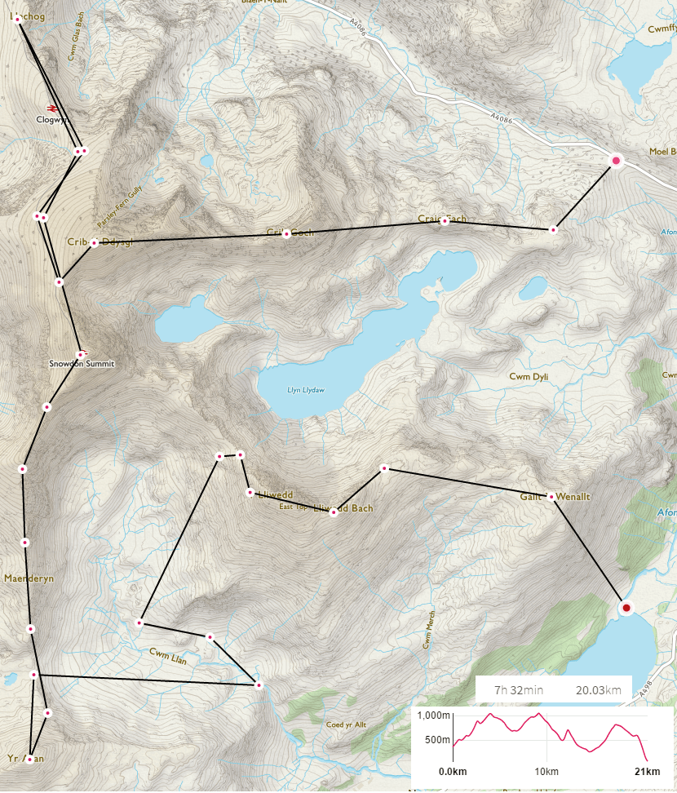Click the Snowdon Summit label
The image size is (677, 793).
coord(78,364)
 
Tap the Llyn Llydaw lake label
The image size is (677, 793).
coord(306,390)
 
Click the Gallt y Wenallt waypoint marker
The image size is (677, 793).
coord(551,496)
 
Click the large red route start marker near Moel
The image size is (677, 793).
coord(616,161)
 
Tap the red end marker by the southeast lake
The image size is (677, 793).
coord(626,608)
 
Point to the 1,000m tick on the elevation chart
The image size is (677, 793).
coord(432,715)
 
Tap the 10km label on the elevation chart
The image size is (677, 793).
coord(546,772)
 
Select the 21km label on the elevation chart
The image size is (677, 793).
coord(646,772)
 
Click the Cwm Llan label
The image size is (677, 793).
coord(168,656)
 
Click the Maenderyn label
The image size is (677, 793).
coord(29,578)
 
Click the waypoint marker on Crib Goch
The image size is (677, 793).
coord(286,234)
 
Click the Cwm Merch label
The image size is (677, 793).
coord(427,629)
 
